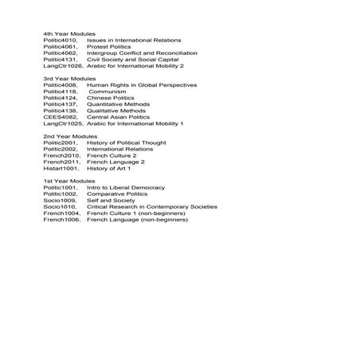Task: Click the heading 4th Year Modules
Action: (x=69, y=33)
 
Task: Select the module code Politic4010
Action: (x=61, y=40)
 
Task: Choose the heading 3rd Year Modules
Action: (x=69, y=79)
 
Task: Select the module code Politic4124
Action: (x=61, y=98)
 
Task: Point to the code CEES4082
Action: (x=60, y=117)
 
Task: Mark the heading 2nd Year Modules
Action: (x=69, y=136)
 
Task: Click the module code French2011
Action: (x=61, y=162)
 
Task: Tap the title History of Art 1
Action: (x=109, y=168)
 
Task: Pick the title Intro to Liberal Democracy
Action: (x=126, y=187)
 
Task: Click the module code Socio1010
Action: (x=59, y=206)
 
